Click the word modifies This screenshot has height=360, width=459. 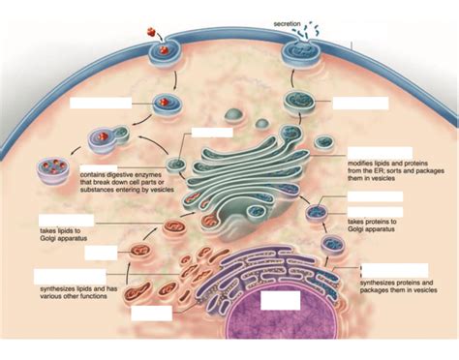pyautogui.click(x=363, y=163)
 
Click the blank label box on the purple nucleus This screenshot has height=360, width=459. pyautogui.click(x=281, y=300)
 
